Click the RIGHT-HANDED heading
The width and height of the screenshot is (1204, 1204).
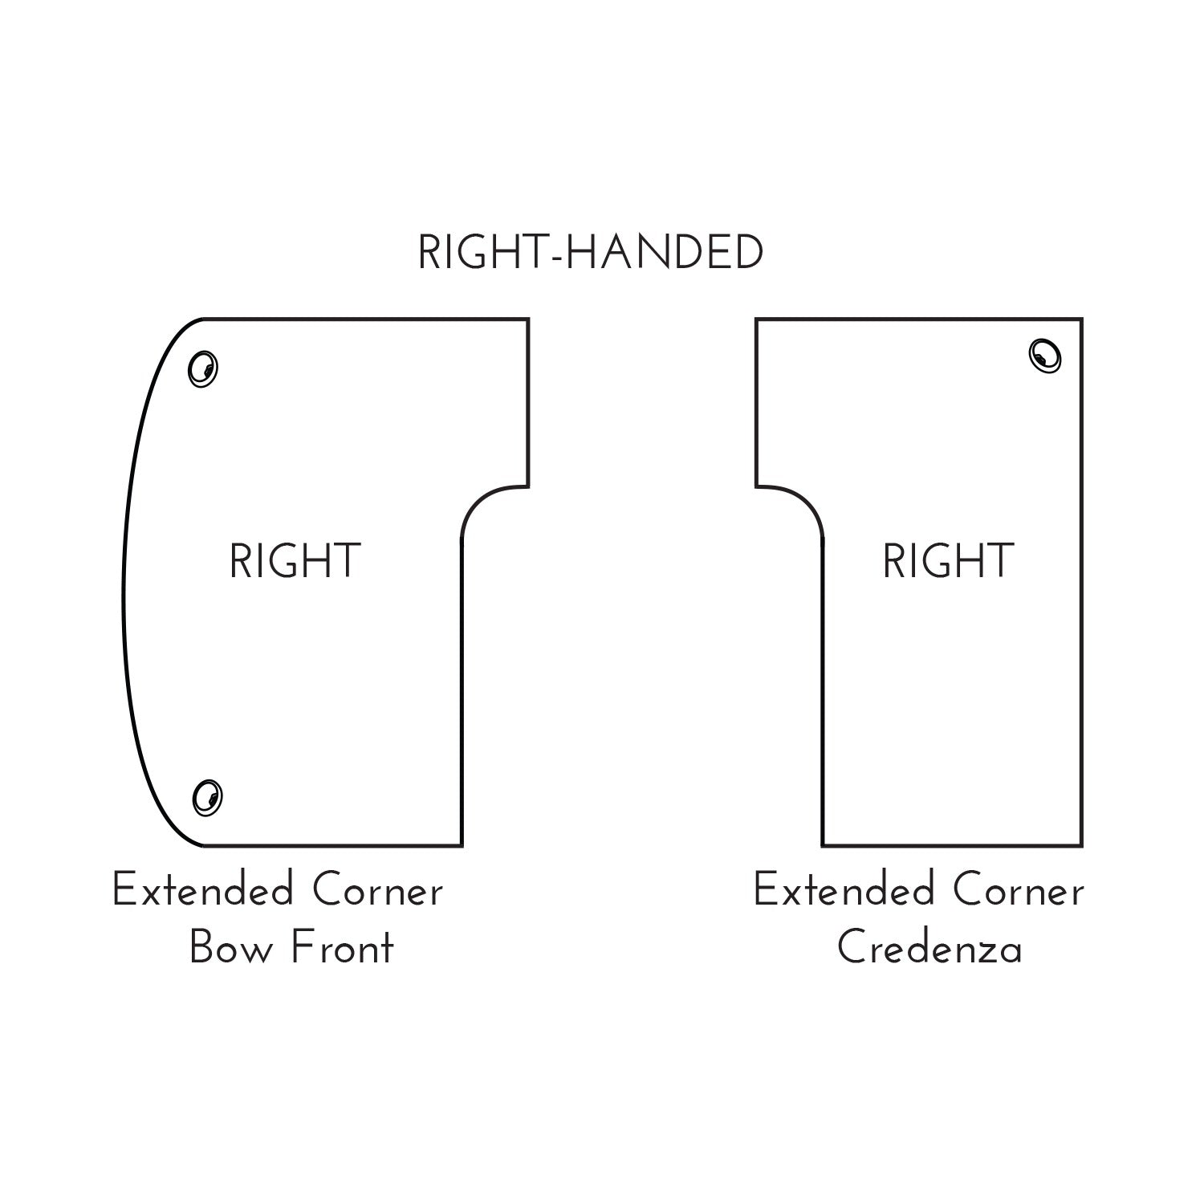pos(590,254)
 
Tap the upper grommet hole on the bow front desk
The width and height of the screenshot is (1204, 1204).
pos(203,368)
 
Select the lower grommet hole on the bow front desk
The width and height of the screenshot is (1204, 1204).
pos(207,797)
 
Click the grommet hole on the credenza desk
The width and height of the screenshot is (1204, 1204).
pos(1045,356)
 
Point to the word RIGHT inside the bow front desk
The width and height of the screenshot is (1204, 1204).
pos(295,561)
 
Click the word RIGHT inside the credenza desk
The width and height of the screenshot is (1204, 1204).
pos(948,561)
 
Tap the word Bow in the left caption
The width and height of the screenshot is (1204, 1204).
pos(230,949)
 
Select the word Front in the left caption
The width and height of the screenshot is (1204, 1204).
pos(343,949)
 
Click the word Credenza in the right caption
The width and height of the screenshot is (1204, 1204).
pos(929,949)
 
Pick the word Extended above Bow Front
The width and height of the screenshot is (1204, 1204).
pos(202,891)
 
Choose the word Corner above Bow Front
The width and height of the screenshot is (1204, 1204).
pos(377,891)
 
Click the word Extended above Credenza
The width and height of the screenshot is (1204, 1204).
pos(844,891)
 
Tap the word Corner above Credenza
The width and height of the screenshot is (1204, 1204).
pos(1019,891)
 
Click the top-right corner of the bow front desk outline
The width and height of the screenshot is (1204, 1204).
pos(528,319)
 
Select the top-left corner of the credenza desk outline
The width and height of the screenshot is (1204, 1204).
pos(756,319)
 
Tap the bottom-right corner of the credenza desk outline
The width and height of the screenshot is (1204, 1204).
pos(1081,845)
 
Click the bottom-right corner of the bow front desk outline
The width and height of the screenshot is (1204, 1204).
pos(462,845)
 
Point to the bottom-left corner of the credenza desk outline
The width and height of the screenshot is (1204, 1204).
pos(824,845)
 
